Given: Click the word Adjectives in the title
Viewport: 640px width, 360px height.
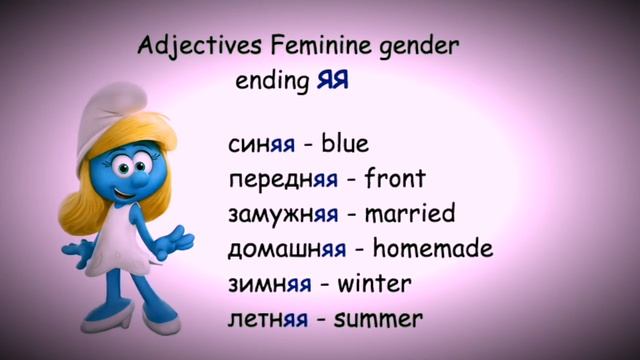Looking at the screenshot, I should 189,46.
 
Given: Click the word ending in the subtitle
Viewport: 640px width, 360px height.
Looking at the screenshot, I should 269,81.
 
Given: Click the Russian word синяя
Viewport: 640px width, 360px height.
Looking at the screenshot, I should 261,143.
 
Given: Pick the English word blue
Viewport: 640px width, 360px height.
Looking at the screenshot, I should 345,143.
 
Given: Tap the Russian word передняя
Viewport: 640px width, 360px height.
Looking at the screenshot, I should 283,180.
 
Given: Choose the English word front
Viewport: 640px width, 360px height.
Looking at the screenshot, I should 395,179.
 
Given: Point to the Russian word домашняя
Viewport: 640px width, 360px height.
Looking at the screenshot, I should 287,249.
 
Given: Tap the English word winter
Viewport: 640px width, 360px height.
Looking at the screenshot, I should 374,284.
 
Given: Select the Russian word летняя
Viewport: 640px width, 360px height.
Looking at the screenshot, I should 266,319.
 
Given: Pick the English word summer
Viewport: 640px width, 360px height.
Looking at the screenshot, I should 377,319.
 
